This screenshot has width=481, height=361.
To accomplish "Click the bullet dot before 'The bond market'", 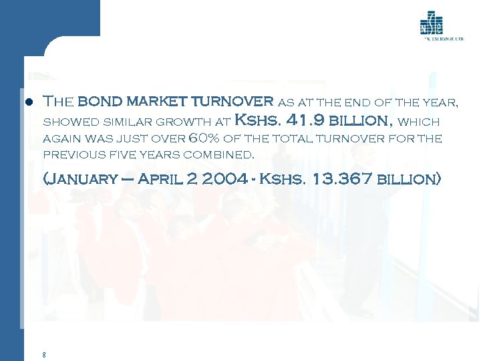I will click(x=28, y=103).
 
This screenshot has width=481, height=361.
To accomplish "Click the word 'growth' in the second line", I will click(x=189, y=122).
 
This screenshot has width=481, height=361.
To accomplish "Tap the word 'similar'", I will click(x=125, y=122).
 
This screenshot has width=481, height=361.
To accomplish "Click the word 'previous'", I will click(x=67, y=154).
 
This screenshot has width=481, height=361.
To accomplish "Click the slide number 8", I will click(x=43, y=355).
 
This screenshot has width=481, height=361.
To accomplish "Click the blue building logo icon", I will click(x=431, y=24).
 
